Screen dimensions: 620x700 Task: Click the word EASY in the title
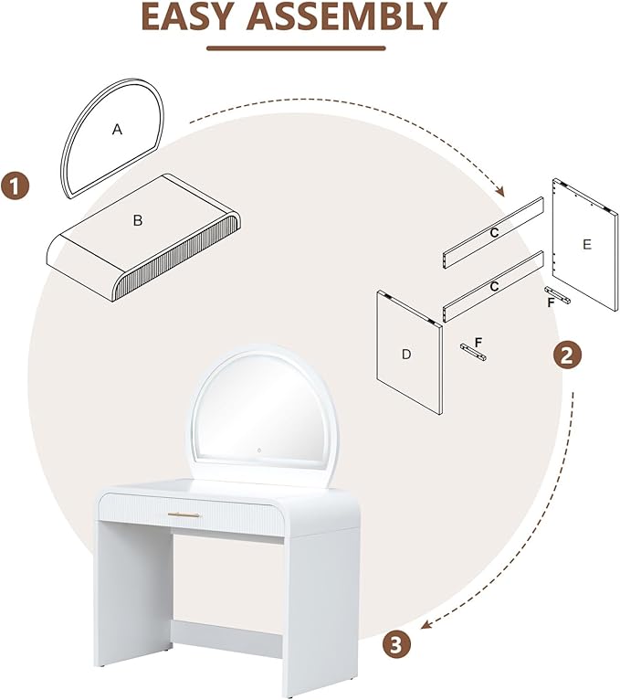click(x=187, y=16)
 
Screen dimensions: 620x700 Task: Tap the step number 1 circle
click(x=16, y=186)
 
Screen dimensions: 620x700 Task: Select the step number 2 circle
click(x=567, y=355)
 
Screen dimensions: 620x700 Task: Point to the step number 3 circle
click(x=396, y=644)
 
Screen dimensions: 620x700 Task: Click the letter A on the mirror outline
click(x=117, y=130)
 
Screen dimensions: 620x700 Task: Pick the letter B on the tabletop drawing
click(x=138, y=220)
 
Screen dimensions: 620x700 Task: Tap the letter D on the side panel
click(x=406, y=355)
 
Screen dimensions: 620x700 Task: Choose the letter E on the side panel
click(x=587, y=244)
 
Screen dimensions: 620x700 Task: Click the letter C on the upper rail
click(x=494, y=233)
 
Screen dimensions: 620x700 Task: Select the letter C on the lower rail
click(x=494, y=286)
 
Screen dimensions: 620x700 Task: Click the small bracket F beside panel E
click(x=557, y=295)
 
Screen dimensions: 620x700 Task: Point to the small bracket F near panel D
click(x=473, y=352)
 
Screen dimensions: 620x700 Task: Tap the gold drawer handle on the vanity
click(x=184, y=514)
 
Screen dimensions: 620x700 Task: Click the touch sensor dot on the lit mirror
click(x=259, y=450)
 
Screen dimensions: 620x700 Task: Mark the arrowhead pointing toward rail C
click(x=500, y=192)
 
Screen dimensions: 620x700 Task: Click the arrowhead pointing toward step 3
click(x=426, y=625)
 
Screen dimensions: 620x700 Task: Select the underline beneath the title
click(x=296, y=48)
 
